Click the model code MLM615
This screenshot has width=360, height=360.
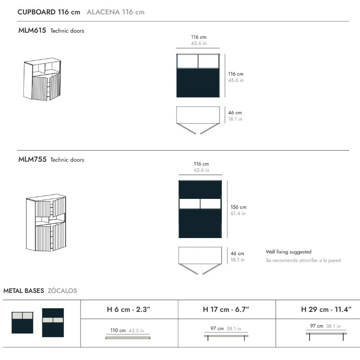[x=32, y=30]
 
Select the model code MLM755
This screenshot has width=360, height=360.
[x=32, y=159]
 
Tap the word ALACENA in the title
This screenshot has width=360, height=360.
[x=103, y=12]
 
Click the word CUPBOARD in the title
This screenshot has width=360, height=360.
[x=36, y=12]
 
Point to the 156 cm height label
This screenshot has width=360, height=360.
[x=238, y=207]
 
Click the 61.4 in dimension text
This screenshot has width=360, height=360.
[x=238, y=213]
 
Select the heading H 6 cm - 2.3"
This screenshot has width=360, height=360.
[x=128, y=310]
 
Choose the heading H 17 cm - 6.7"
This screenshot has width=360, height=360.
[x=226, y=310]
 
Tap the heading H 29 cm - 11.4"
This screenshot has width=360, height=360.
[x=326, y=310]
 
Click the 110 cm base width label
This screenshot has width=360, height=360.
[x=118, y=330]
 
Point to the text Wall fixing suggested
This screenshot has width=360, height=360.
[x=288, y=252]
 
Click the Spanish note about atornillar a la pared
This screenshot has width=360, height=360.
[x=303, y=261]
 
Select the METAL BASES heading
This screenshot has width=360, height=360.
[x=24, y=291]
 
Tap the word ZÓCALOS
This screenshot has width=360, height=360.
[x=62, y=291]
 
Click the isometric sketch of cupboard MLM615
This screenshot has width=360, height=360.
[x=42, y=79]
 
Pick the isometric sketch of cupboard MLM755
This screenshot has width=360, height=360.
[x=46, y=223]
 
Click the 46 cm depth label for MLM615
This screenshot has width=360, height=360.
[x=235, y=113]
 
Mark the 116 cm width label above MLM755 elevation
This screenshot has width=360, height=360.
[x=201, y=164]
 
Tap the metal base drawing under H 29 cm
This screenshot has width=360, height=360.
[x=326, y=337]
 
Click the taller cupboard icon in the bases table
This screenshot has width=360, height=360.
[x=53, y=323]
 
